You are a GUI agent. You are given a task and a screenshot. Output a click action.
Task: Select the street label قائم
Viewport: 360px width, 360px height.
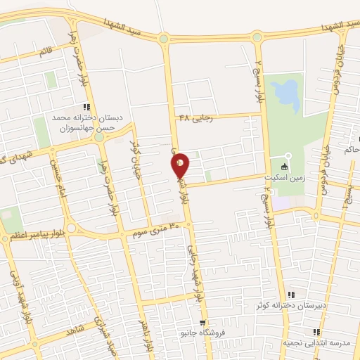(45, 51)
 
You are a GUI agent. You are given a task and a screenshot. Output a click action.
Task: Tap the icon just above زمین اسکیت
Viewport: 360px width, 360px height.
(283, 167)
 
